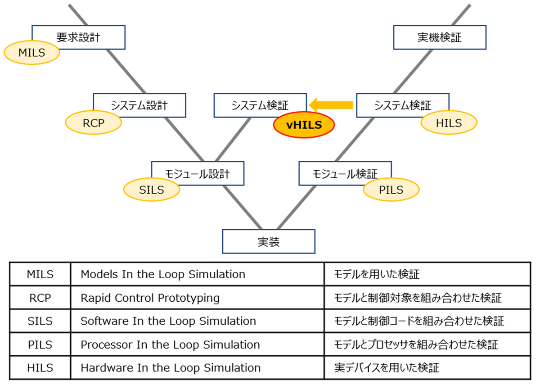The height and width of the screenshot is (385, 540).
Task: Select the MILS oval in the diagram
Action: [31, 53]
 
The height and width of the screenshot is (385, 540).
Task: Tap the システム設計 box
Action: [139, 105]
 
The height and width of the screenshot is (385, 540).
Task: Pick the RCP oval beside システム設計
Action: [93, 123]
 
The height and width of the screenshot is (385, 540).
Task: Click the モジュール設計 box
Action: [198, 173]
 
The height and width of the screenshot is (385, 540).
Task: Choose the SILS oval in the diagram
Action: [152, 190]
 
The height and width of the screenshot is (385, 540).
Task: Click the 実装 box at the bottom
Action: [269, 241]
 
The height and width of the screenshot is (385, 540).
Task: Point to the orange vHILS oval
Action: [304, 125]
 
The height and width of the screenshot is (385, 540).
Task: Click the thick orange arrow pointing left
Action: [333, 105]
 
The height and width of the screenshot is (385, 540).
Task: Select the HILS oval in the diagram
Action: [449, 123]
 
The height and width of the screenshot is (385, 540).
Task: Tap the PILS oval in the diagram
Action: [391, 190]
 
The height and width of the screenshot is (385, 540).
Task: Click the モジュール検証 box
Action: [345, 173]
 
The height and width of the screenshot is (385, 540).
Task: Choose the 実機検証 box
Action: [440, 37]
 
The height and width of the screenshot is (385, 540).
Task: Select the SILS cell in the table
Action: [40, 321]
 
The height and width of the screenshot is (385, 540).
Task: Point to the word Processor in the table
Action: [103, 344]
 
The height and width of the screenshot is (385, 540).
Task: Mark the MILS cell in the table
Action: [40, 274]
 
